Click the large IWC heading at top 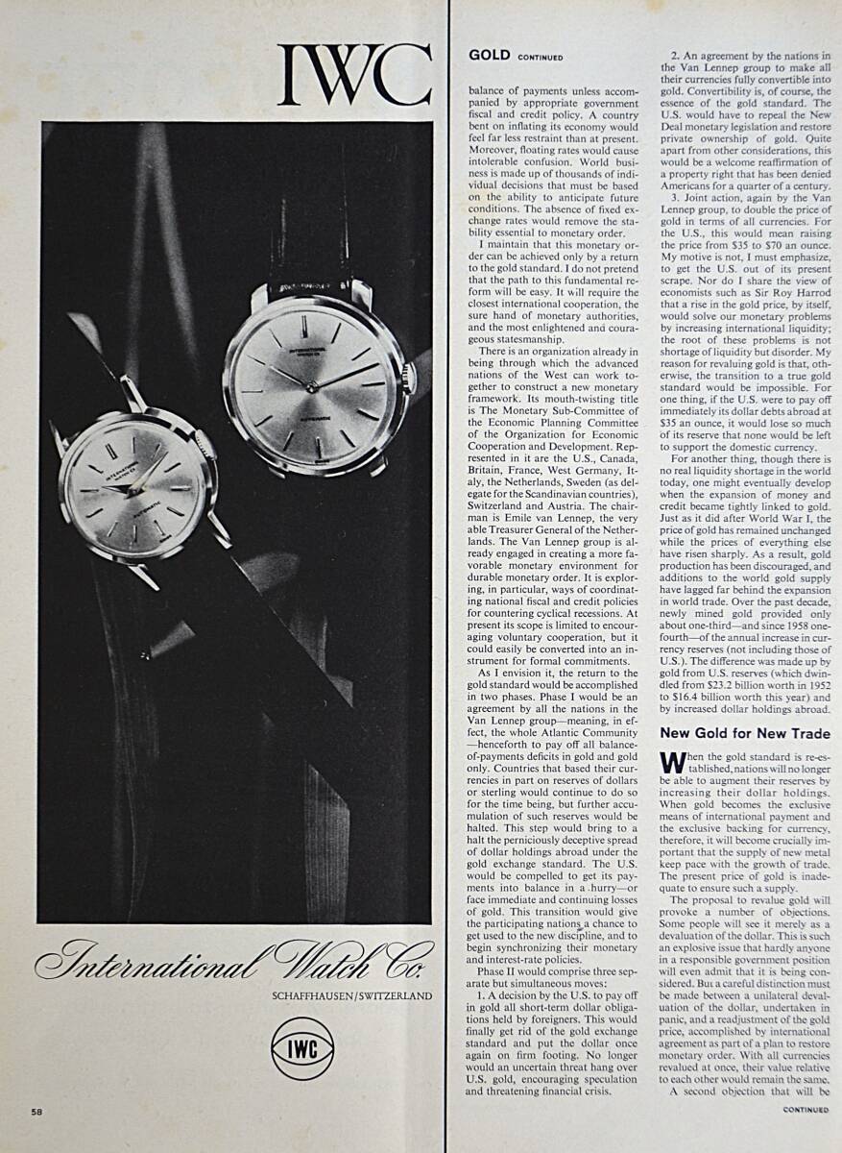(x=353, y=75)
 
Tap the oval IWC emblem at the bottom (x=302, y=1048)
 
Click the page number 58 (x=36, y=1112)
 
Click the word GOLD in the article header (x=489, y=56)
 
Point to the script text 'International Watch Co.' (x=233, y=960)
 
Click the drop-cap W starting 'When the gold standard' (x=672, y=762)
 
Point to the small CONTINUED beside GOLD (x=541, y=58)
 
